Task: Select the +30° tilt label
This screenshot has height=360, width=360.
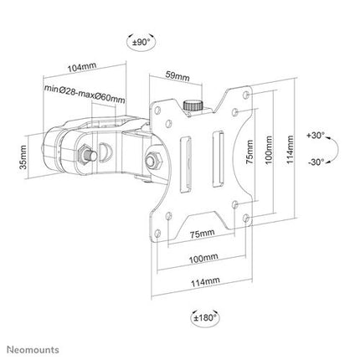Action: pos(316,134)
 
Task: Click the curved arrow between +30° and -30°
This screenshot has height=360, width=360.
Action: pos(332,148)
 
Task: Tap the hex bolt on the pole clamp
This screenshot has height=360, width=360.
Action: pos(85,156)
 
